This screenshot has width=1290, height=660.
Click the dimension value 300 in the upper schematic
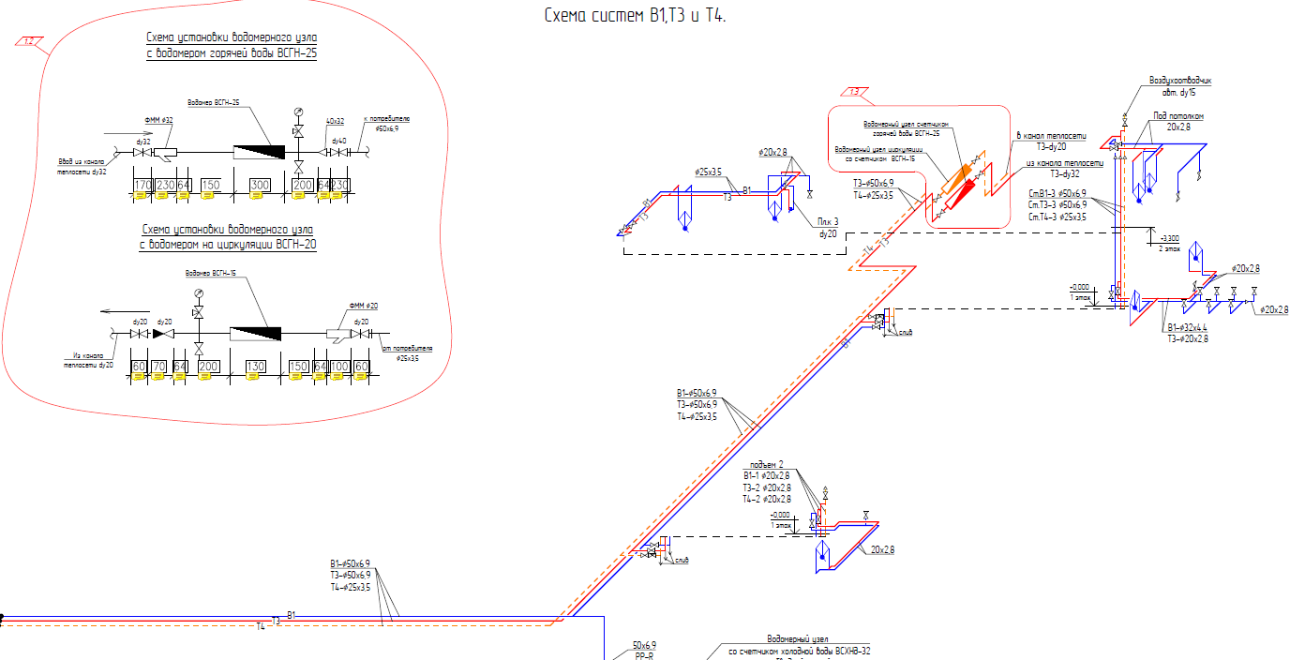[260, 185]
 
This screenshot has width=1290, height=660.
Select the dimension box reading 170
[142, 185]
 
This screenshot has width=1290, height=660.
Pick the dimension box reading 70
[158, 367]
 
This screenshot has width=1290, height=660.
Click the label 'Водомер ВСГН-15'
[208, 274]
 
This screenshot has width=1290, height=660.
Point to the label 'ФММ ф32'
[159, 121]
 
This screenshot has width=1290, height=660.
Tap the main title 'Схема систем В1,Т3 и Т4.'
[636, 16]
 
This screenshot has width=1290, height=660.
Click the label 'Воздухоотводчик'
[1179, 81]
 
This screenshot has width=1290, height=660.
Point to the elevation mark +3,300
[1171, 238]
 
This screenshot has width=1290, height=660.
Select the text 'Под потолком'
[1177, 116]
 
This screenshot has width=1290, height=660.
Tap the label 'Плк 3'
[827, 221]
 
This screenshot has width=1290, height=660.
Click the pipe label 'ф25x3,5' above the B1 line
[708, 172]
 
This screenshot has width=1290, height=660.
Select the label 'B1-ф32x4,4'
[1187, 327]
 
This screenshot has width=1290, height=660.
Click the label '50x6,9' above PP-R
[644, 645]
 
